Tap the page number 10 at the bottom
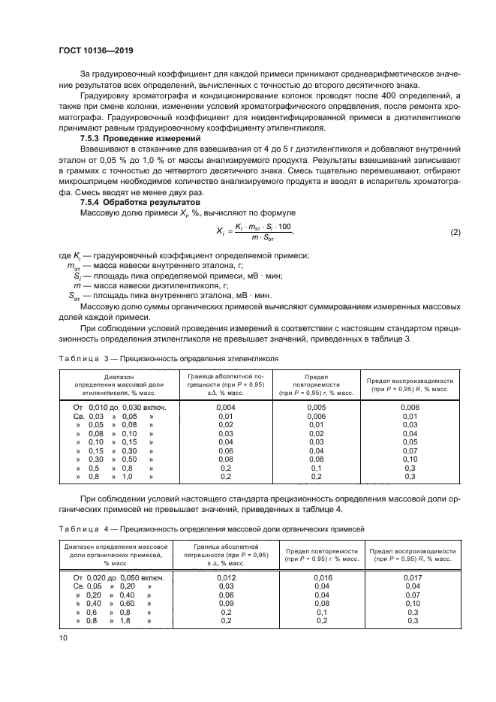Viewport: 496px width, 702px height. (x=63, y=637)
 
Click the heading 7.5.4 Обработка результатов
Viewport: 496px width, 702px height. (x=135, y=203)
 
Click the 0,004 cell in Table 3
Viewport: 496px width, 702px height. (x=225, y=407)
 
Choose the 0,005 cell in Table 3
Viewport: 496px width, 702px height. (x=317, y=407)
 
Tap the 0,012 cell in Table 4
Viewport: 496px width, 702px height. (x=225, y=577)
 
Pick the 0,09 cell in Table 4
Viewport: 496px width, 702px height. (x=225, y=603)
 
